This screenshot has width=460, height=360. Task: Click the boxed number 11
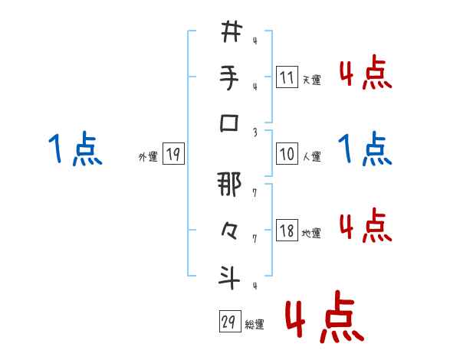pyautogui.click(x=286, y=77)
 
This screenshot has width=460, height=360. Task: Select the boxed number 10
pyautogui.click(x=286, y=154)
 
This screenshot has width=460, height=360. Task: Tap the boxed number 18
pyautogui.click(x=286, y=231)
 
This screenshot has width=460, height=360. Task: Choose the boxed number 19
pyautogui.click(x=172, y=154)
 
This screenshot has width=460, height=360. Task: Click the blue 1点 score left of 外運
pyautogui.click(x=75, y=149)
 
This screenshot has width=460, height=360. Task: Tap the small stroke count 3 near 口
pyautogui.click(x=254, y=131)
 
